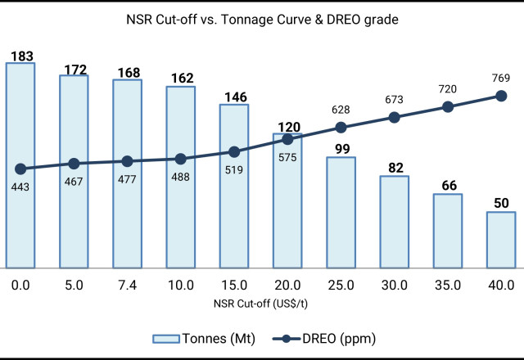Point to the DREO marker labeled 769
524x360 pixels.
tap(501, 96)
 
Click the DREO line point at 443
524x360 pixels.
tap(20, 169)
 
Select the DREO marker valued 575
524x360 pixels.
tap(287, 139)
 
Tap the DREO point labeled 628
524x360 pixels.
tap(341, 127)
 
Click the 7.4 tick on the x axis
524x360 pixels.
tap(127, 286)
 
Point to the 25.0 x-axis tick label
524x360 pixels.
tap(341, 286)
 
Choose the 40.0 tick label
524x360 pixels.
tap(501, 286)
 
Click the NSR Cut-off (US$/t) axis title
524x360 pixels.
tap(262, 303)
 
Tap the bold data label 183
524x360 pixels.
tap(20, 56)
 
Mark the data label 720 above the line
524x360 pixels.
tap(448, 88)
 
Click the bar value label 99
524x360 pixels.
tap(341, 148)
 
